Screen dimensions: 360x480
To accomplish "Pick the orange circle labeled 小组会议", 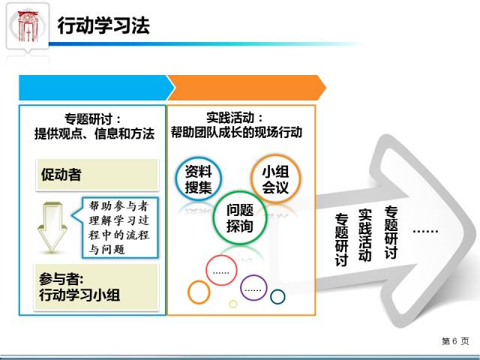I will [274, 178].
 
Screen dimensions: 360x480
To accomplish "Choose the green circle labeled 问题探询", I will [239, 217].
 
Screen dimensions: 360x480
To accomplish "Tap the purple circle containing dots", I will [254, 287].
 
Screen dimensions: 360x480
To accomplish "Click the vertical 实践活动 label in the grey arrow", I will [365, 235].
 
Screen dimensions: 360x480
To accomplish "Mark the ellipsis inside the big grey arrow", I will [425, 229].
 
